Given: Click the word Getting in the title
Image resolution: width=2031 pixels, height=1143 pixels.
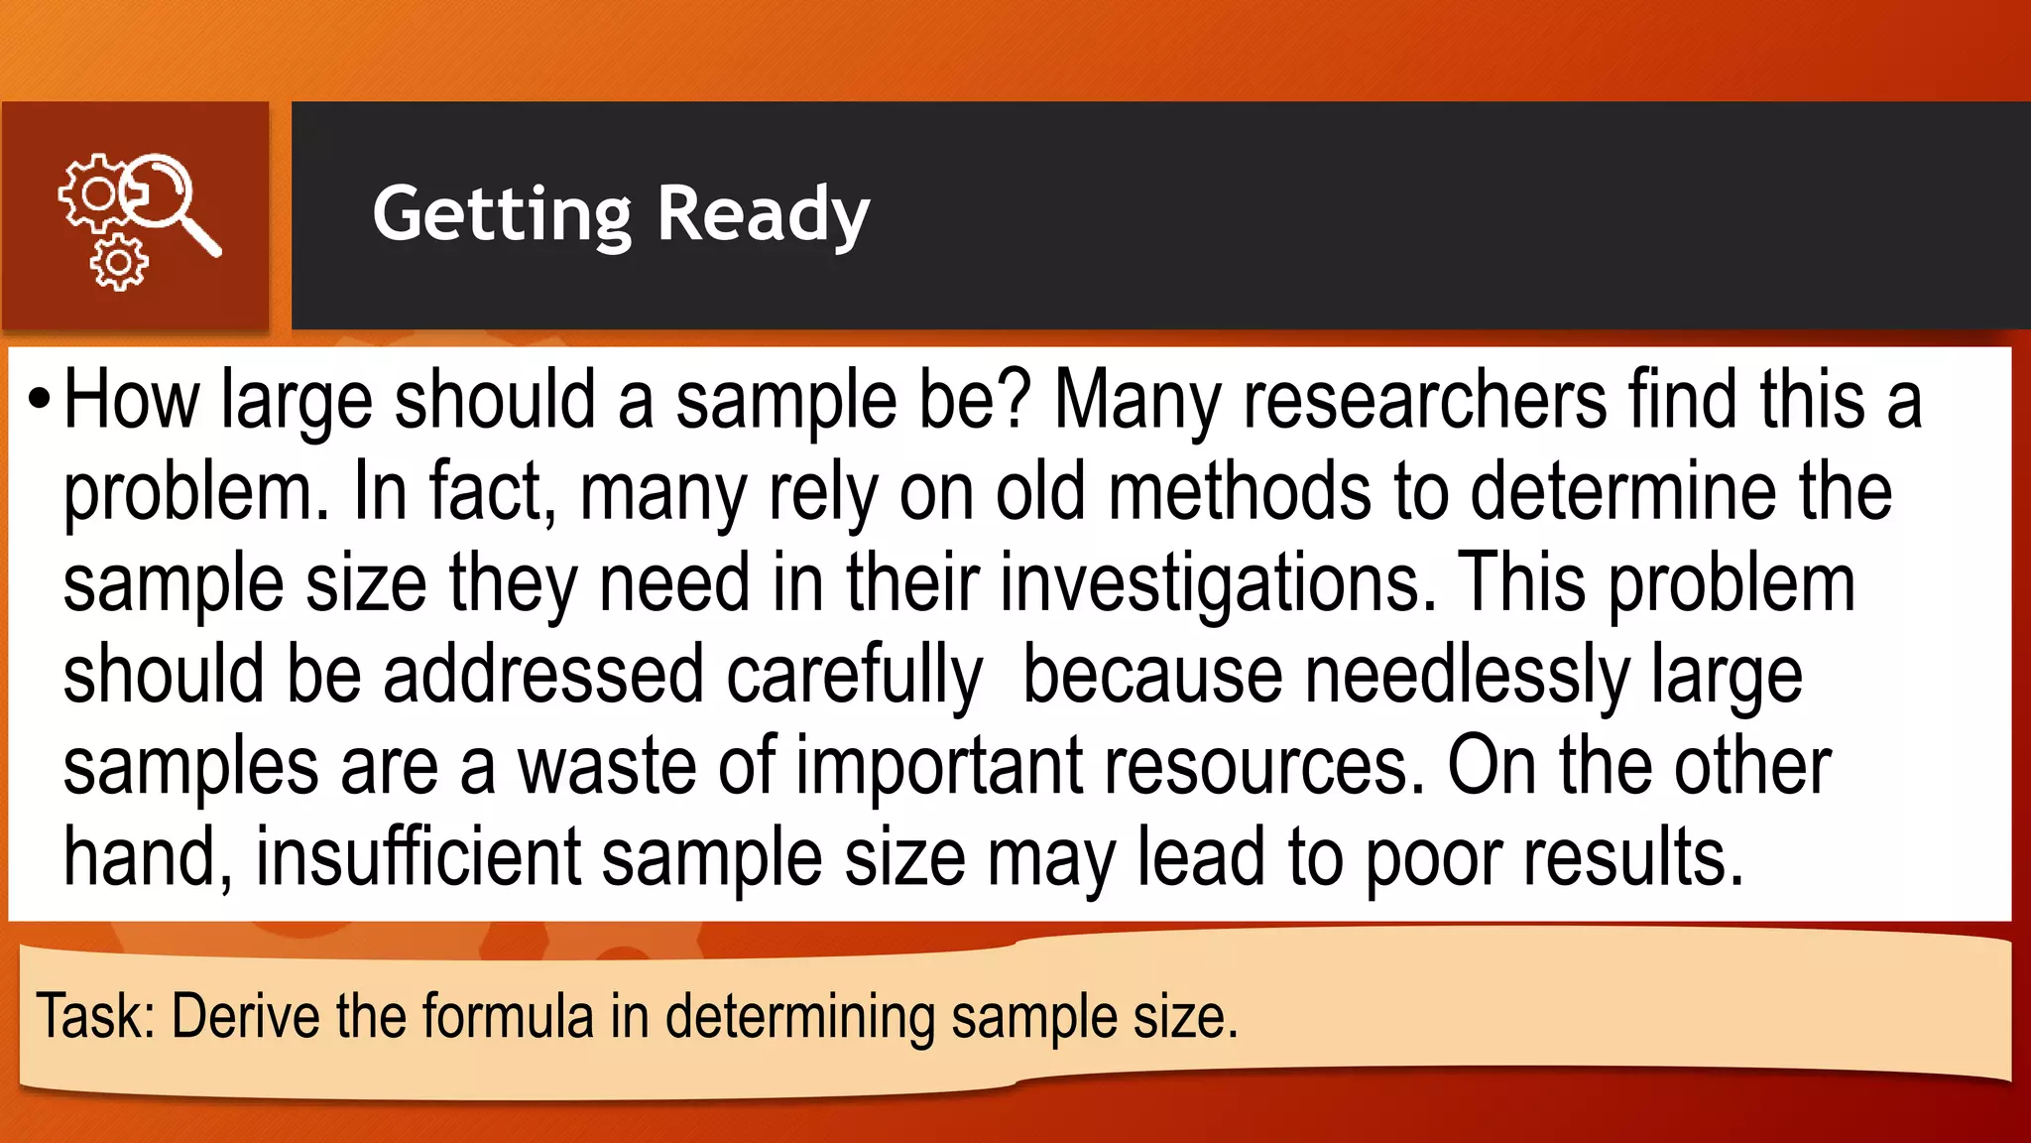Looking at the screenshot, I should (501, 214).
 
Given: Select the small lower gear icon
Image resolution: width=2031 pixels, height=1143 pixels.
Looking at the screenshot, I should (119, 263).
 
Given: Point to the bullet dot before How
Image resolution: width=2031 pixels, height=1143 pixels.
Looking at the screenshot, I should (39, 400).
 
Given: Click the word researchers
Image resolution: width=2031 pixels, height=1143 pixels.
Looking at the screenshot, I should (1423, 400).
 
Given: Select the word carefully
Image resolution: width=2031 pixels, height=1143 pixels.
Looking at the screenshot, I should (854, 675).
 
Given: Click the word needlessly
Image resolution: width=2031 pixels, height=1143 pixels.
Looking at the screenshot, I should (1466, 675).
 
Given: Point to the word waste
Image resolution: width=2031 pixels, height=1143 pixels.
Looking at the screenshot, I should (607, 766).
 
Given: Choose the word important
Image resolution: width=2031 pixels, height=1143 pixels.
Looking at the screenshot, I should (938, 766).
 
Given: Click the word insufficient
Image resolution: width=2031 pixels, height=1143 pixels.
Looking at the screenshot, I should (418, 857).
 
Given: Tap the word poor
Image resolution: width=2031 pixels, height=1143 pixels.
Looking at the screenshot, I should (1432, 857).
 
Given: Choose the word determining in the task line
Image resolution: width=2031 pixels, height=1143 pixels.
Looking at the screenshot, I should (798, 1016).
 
